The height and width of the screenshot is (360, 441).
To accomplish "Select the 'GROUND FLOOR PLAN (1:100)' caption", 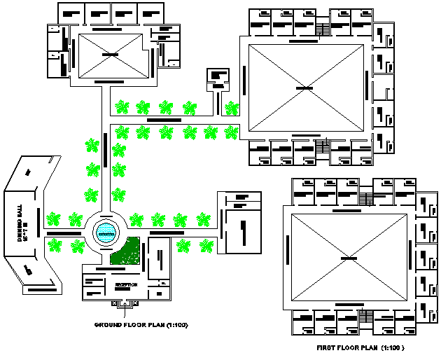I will [141, 325].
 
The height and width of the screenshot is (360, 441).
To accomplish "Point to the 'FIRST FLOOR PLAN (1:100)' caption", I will [360, 347].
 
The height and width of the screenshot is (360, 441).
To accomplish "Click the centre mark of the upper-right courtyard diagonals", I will [304, 88].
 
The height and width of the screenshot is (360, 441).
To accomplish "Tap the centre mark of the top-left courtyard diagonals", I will [111, 55].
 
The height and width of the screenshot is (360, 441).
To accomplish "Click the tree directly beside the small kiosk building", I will [232, 108].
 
